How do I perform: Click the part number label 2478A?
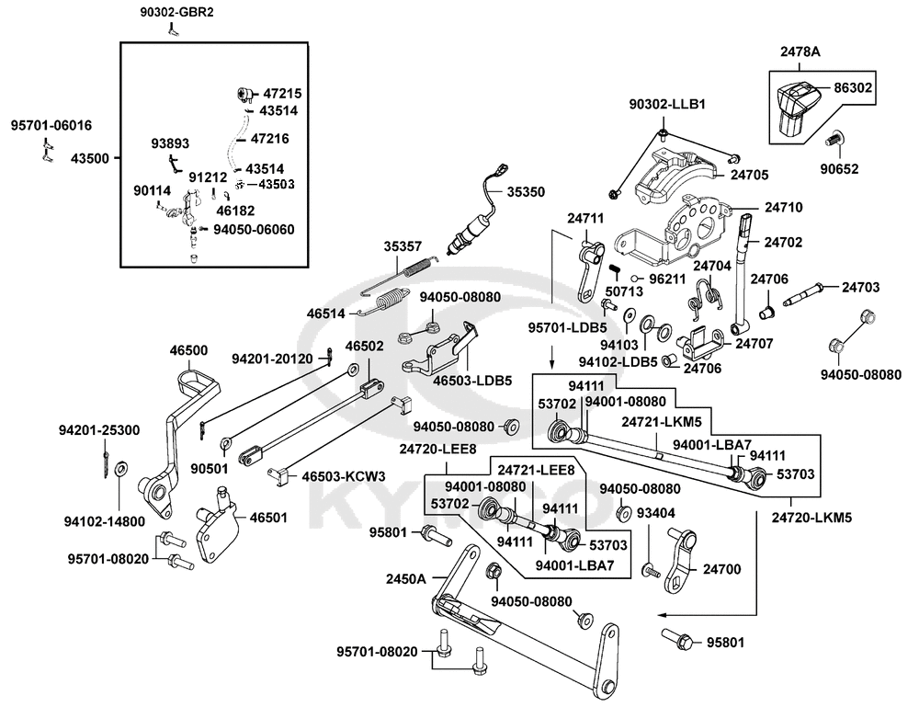click(800, 51)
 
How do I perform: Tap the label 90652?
click(839, 169)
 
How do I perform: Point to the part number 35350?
click(526, 192)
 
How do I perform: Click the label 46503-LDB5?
click(472, 381)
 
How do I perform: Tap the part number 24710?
click(784, 207)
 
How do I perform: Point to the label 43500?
click(90, 158)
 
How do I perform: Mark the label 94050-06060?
click(254, 229)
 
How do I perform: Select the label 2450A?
click(405, 579)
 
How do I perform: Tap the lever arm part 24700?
click(680, 558)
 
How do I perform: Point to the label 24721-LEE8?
click(537, 470)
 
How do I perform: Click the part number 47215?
click(282, 93)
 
